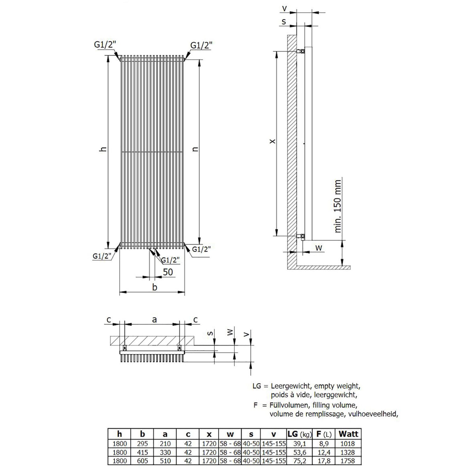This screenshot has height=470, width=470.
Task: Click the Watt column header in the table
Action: point(348,434)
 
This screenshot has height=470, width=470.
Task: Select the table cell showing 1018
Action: point(348,444)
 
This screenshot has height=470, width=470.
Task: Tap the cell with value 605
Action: point(142,461)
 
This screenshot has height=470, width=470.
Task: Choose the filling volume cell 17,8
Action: point(323,461)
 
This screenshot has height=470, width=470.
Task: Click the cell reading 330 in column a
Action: point(165,452)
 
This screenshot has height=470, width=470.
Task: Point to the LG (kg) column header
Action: point(300,434)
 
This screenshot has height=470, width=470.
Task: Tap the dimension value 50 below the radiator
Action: point(168,272)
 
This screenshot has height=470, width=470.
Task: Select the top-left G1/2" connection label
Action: point(105,45)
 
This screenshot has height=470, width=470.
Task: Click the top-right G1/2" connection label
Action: point(201,45)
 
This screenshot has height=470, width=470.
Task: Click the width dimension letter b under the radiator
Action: point(154,287)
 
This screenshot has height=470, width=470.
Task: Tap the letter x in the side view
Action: point(273,141)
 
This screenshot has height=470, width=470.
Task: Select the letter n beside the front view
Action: point(196,149)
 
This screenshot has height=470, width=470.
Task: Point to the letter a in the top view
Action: point(154,320)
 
